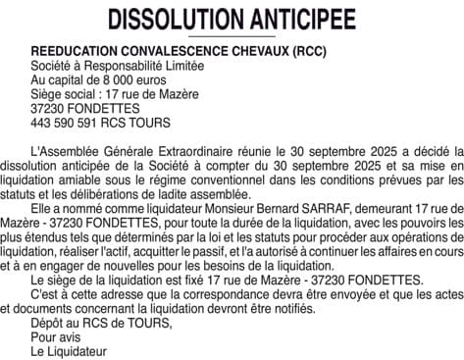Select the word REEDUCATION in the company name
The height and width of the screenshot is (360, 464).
tap(74, 52)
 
